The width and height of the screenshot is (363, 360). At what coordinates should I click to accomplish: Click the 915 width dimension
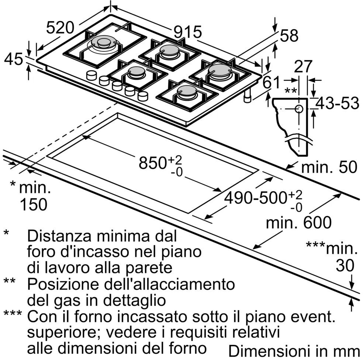188,32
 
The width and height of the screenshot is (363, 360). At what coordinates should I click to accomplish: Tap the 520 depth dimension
60,27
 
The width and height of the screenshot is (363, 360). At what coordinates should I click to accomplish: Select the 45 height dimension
13,59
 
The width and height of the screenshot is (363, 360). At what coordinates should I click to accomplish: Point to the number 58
289,36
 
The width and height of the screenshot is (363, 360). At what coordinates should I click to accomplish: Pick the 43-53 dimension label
338,104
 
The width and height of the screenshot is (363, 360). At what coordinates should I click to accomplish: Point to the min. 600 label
299,222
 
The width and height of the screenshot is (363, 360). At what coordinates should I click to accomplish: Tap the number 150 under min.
33,204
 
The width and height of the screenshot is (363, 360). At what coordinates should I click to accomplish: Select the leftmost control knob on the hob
91,75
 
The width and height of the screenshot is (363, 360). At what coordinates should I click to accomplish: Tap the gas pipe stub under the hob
247,97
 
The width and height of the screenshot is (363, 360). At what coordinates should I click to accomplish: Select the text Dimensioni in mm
294,350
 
